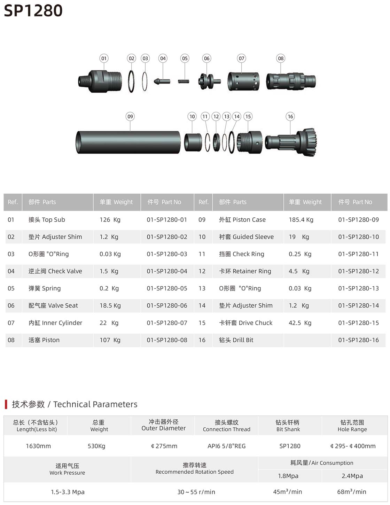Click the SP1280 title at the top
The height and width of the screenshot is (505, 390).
click(x=33, y=11)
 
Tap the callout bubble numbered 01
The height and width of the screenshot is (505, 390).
click(x=104, y=58)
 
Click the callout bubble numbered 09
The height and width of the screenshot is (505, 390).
click(x=130, y=116)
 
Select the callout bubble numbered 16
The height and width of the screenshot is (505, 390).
click(x=290, y=116)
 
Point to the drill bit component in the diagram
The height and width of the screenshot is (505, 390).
click(x=291, y=142)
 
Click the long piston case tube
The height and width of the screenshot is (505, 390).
click(x=128, y=142)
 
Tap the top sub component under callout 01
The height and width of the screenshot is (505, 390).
click(x=100, y=81)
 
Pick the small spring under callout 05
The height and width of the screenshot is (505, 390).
click(x=184, y=81)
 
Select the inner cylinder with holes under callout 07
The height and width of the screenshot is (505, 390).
click(x=243, y=81)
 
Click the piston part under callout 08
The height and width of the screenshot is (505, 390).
click(x=291, y=81)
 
